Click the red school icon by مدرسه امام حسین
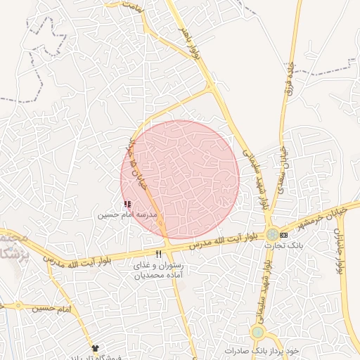127,204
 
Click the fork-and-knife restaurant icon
158,254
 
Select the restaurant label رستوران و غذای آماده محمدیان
161,270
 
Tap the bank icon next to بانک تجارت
283,234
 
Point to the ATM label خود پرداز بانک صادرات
262,349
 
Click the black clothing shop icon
96,348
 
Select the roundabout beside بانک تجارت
271,234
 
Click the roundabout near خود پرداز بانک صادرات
258,332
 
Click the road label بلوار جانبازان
342,250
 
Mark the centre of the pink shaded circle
180,179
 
